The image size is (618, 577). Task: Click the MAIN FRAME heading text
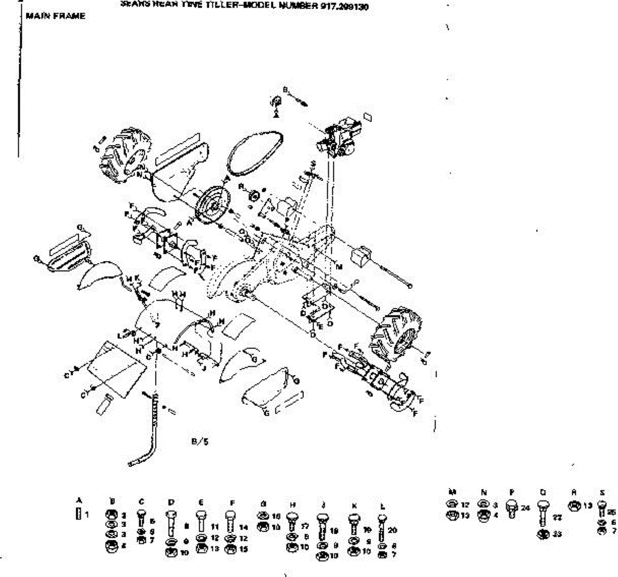(55, 16)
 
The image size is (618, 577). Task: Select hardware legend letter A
(79, 500)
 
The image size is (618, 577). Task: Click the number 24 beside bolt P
(525, 508)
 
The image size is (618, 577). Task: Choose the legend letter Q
(543, 492)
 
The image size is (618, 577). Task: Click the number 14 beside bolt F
(244, 527)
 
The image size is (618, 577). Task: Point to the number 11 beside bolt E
(215, 527)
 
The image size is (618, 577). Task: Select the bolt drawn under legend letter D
(171, 523)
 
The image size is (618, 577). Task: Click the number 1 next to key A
(87, 514)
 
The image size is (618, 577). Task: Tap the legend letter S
(602, 492)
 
